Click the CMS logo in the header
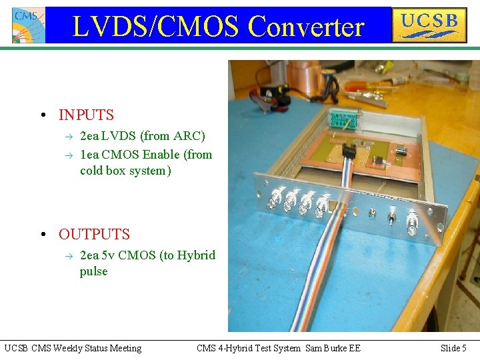coord(29,25)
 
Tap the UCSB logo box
coord(429,25)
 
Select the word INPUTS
coord(86,115)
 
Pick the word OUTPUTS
coord(94,235)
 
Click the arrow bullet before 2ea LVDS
coord(67,137)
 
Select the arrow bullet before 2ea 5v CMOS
coord(67,256)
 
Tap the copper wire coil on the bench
coord(306,73)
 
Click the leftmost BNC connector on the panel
coord(275,198)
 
